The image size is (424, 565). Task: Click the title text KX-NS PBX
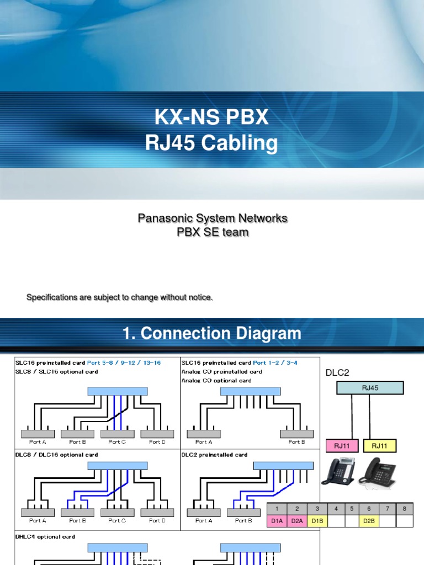211,117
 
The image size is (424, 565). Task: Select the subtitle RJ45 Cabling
211,143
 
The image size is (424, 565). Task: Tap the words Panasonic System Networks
212,218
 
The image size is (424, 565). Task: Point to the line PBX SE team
212,232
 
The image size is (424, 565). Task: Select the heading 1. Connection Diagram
211,333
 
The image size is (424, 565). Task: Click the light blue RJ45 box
370,388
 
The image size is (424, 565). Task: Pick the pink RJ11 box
342,446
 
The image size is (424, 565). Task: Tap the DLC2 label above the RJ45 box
337,373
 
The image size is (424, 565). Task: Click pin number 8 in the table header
404,508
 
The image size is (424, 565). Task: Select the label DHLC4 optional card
45,536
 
